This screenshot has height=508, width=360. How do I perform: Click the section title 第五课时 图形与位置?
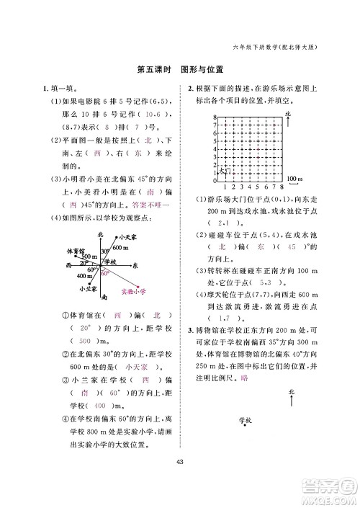(179, 71)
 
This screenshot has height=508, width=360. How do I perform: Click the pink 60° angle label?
(104, 274)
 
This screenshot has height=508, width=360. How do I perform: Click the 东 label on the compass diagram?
(135, 265)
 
